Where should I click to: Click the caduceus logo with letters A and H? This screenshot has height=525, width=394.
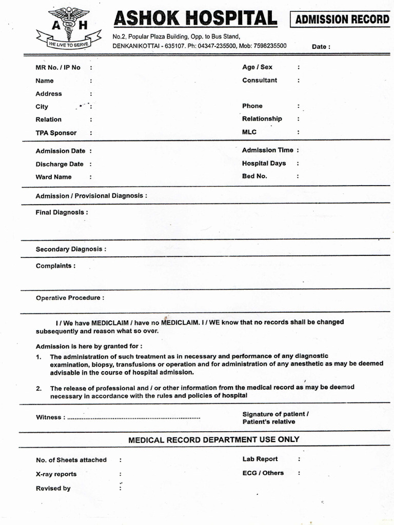point(68,27)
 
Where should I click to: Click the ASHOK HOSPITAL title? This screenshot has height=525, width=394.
point(195,19)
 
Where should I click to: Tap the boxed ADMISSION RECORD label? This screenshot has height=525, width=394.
point(342,20)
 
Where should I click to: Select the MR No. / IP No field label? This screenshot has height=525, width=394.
point(58,68)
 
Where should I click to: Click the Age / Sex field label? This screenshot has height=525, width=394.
point(258,67)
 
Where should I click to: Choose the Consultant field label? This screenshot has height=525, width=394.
point(260,80)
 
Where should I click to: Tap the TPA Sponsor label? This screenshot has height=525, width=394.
point(56,133)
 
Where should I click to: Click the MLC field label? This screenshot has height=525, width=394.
point(249,132)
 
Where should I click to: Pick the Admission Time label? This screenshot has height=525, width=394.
point(268,150)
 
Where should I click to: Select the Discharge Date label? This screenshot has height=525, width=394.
point(60,164)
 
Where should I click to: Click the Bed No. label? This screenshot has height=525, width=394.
point(255,176)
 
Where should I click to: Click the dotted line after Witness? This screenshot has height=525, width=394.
point(134,418)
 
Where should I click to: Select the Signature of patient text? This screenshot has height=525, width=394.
point(275,414)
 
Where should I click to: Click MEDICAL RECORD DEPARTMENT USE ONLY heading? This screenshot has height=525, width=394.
point(213,439)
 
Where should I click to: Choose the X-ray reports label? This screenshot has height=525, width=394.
point(56,474)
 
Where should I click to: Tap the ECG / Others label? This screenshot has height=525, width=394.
point(263,473)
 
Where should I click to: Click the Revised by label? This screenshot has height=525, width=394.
point(53,488)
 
